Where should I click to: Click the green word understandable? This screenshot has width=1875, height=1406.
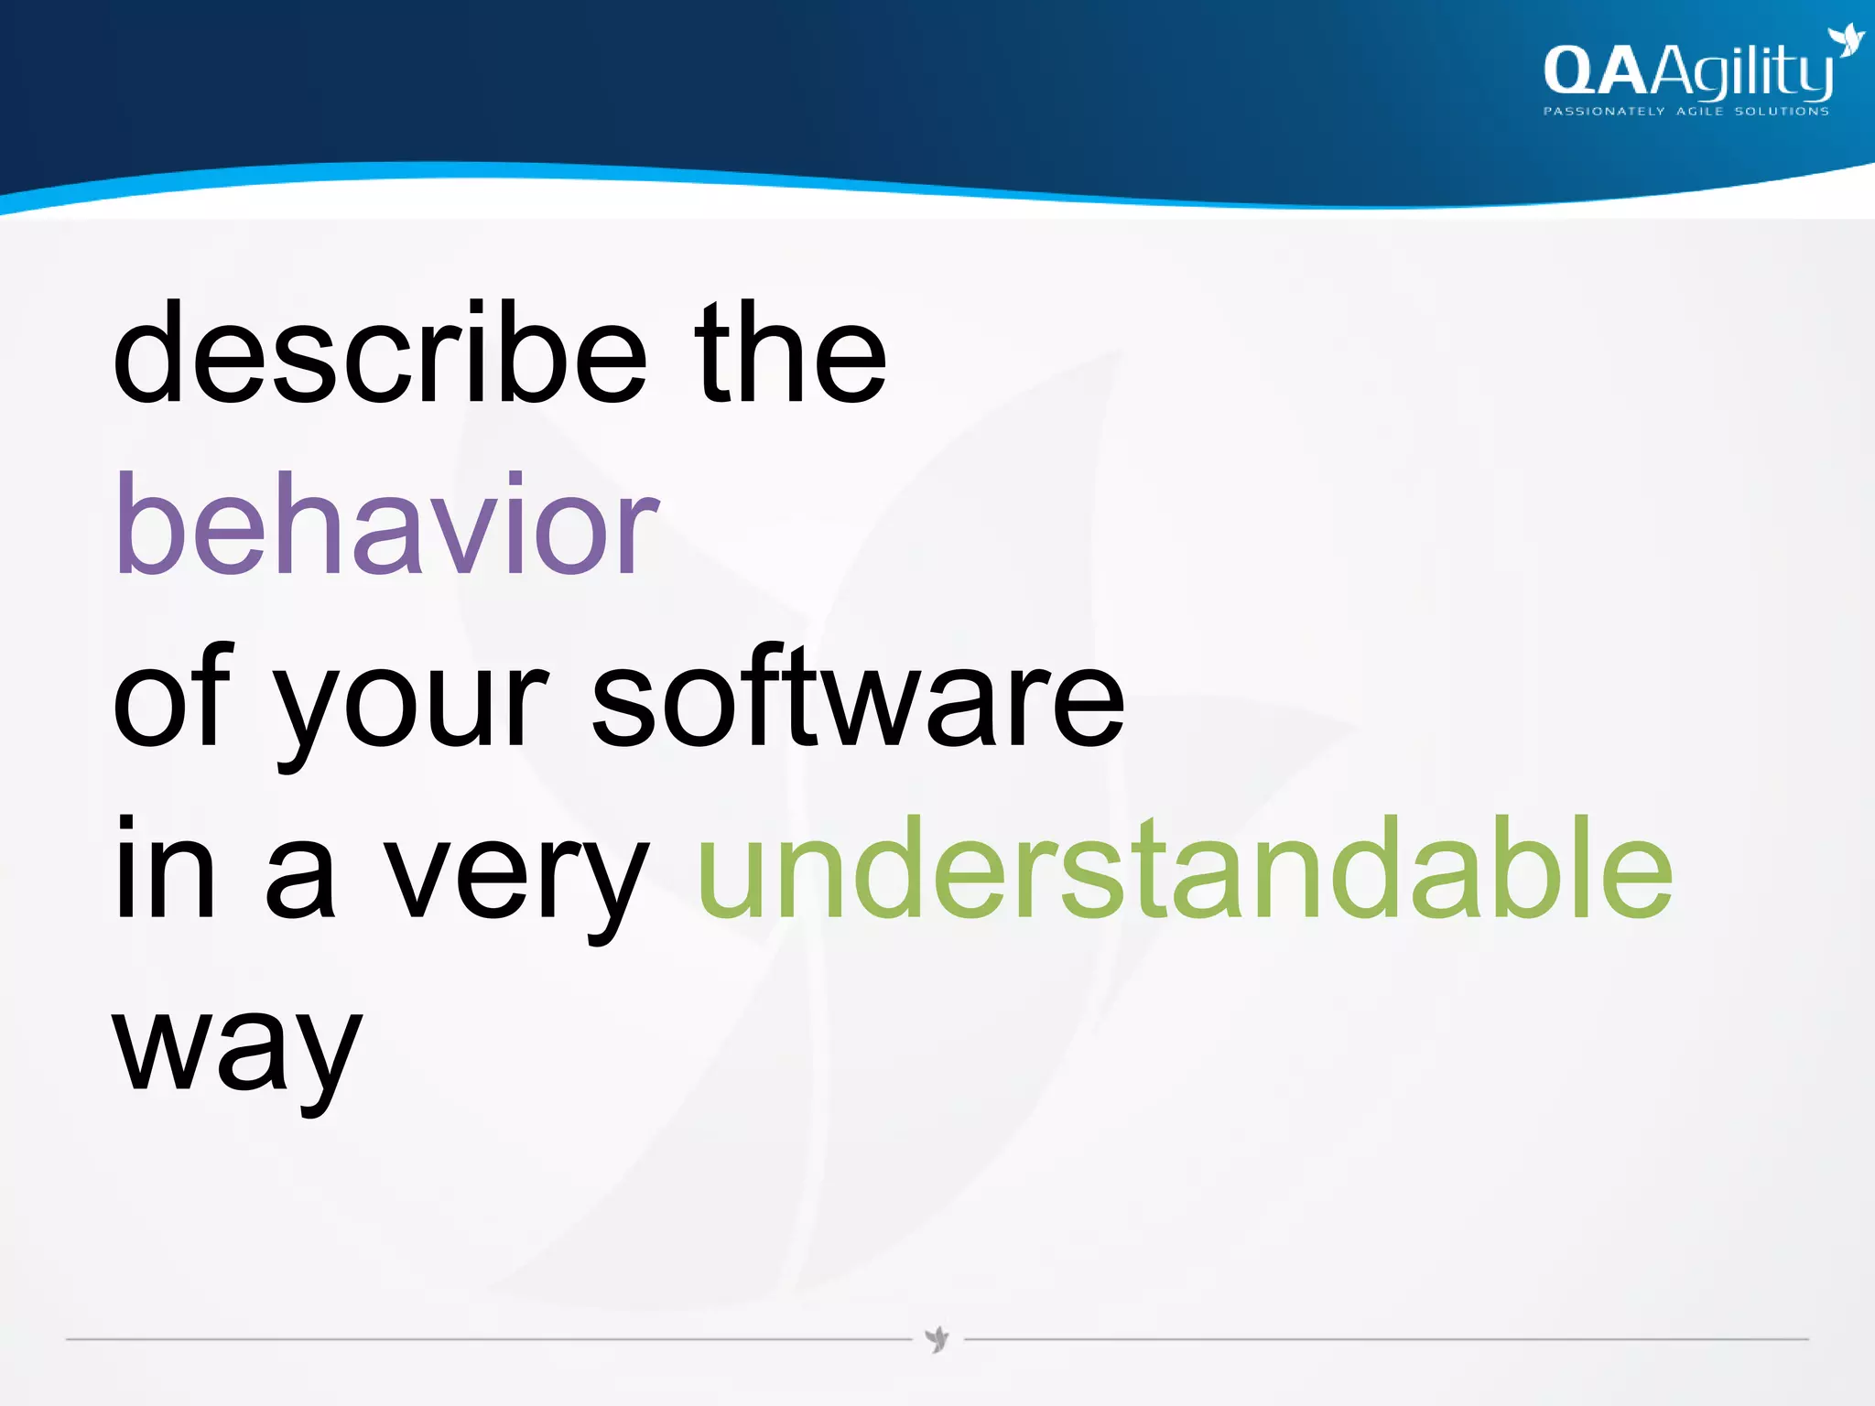coord(1185,868)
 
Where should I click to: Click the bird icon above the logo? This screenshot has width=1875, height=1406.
coord(1845,41)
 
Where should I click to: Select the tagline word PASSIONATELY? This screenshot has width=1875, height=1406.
coord(1603,112)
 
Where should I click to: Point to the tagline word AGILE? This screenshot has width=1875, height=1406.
coord(1700,112)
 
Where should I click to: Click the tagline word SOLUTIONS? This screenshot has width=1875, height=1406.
coord(1782,112)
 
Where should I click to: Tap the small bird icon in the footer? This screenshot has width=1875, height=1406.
coord(937,1339)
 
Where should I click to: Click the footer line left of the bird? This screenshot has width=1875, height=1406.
coord(485,1339)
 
